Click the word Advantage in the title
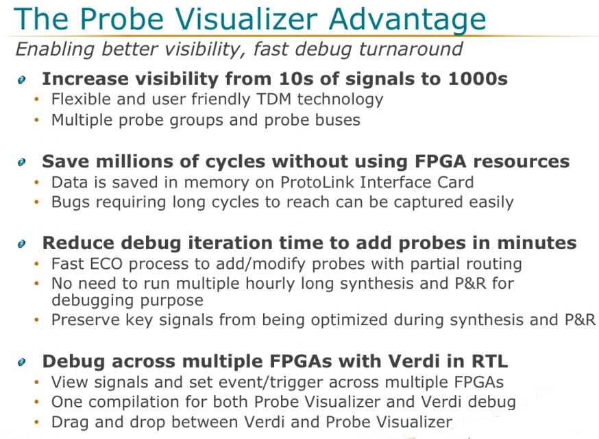tap(407, 19)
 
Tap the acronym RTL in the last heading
tap(489, 361)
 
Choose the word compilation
tap(134, 402)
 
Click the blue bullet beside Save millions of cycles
tap(22, 162)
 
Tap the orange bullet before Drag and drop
tap(37, 422)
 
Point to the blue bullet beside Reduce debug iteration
tap(22, 244)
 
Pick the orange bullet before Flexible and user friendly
tap(37, 99)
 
